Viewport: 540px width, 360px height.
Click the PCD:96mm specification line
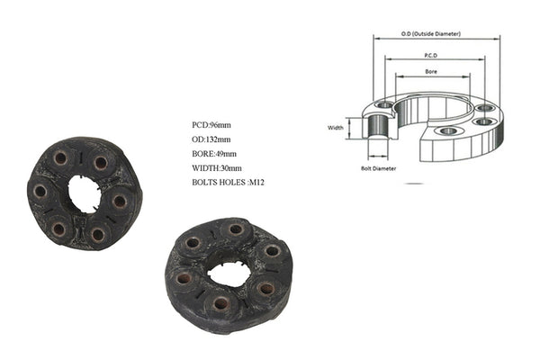(x=211, y=125)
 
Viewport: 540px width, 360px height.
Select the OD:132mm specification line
(x=211, y=139)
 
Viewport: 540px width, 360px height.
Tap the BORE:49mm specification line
(x=214, y=154)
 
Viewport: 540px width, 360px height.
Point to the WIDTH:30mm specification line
(x=217, y=168)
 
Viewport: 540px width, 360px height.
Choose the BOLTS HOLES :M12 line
(x=228, y=182)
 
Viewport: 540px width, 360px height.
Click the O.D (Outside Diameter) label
(x=430, y=34)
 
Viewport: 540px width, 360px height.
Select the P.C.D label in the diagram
(x=431, y=55)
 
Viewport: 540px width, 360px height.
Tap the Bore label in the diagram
(x=431, y=71)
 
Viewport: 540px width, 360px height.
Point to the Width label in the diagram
(x=336, y=128)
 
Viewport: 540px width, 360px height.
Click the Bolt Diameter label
(x=378, y=168)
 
